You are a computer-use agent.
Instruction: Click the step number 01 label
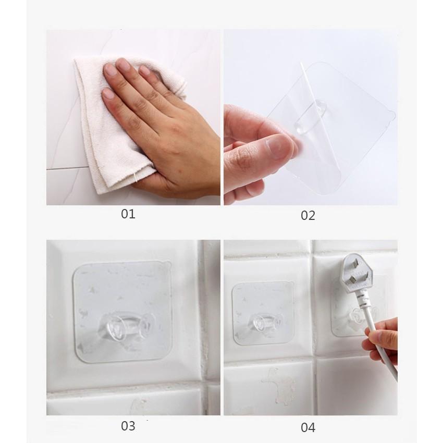[128, 214]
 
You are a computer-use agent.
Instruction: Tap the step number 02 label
[307, 216]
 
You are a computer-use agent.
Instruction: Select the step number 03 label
[128, 426]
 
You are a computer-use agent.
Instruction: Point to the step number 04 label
[307, 427]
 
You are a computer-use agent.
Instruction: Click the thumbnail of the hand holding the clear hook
[278, 147]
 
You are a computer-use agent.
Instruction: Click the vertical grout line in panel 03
[204, 311]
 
